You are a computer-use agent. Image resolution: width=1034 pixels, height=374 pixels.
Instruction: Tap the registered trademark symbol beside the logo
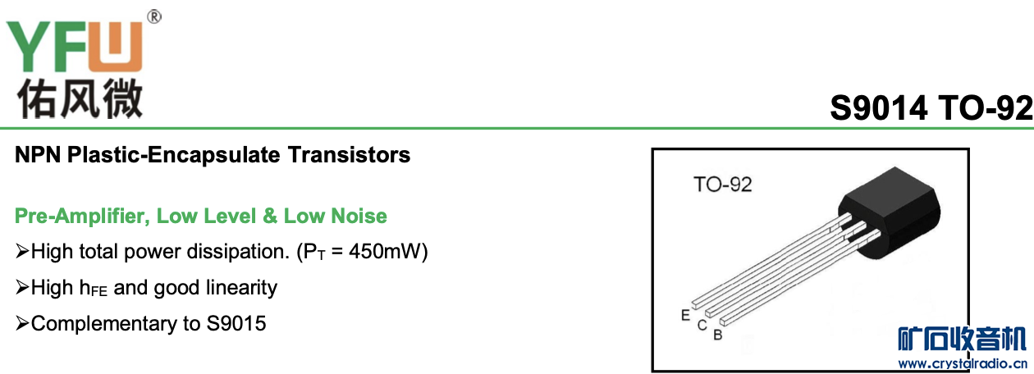153,16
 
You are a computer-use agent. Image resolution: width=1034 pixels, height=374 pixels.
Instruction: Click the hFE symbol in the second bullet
93,289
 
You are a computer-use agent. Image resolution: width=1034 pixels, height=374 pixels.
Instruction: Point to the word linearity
242,288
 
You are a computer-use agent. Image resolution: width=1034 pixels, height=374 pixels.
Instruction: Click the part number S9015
236,324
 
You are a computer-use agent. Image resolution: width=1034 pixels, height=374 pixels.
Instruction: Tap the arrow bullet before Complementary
22,324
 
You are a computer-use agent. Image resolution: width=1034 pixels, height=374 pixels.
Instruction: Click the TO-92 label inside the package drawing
722,185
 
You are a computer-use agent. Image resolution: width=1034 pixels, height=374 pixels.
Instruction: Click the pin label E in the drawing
685,314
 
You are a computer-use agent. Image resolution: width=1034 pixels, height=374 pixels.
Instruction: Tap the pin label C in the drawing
702,325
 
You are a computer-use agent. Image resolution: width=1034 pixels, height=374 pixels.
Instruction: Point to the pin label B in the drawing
717,335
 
